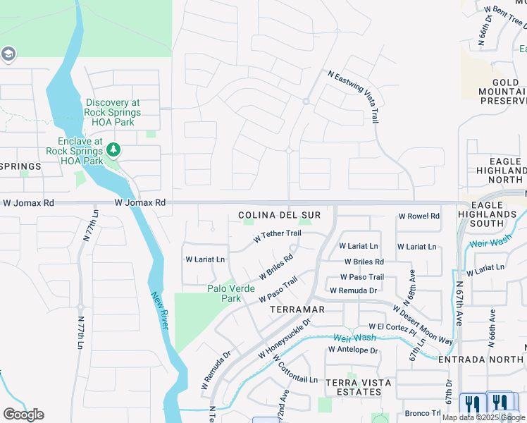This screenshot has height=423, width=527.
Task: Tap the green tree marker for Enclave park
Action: click(113, 150)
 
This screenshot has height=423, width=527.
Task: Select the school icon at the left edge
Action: click(8, 54)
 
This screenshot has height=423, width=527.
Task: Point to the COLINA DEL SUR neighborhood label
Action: click(280, 215)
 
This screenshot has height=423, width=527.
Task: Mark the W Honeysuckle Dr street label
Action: click(284, 337)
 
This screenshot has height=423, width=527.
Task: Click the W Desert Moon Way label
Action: click(423, 324)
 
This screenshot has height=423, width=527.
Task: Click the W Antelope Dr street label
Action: click(353, 350)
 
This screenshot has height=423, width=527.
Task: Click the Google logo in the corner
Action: click(23, 415)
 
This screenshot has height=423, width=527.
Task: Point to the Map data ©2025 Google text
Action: click(484, 417)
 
